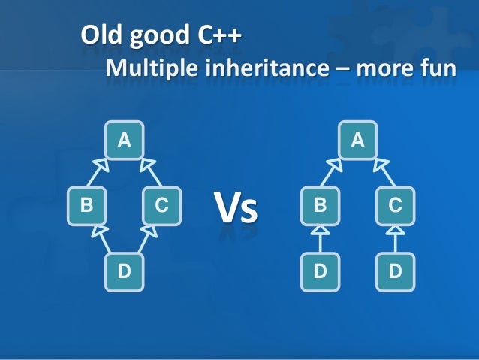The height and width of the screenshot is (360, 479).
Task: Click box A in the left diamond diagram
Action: coord(125,140)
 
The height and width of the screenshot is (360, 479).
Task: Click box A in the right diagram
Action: coord(357,140)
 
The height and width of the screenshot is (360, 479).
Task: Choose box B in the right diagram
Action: coord(319,204)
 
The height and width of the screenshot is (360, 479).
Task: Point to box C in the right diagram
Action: coord(396,204)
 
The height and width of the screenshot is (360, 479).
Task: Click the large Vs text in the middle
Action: coord(236,208)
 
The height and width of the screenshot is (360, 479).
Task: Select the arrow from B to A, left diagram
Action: coord(98,171)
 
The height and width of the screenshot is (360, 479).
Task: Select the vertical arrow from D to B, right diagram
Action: coord(319,238)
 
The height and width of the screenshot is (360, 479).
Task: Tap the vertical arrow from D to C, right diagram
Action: coord(396,238)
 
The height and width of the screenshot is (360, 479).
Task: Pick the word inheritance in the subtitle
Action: coord(258,69)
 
